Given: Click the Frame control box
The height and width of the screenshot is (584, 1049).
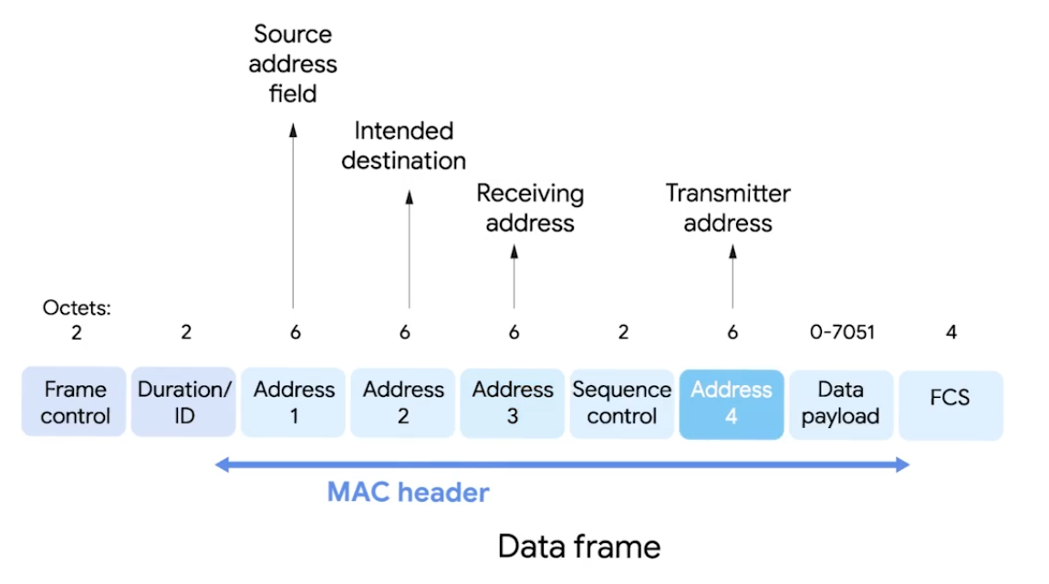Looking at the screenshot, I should pyautogui.click(x=74, y=403).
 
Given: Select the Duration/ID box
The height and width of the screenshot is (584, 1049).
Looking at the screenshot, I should pyautogui.click(x=184, y=403).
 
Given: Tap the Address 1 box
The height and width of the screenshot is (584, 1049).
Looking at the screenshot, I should pyautogui.click(x=294, y=403).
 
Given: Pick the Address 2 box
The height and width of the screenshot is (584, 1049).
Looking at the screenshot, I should pyautogui.click(x=403, y=403).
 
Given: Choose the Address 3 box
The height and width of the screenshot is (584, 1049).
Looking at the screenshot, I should pyautogui.click(x=513, y=403).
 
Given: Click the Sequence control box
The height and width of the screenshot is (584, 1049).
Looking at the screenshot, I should pyautogui.click(x=622, y=403).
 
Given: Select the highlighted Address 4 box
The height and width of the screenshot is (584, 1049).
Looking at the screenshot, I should pyautogui.click(x=732, y=403).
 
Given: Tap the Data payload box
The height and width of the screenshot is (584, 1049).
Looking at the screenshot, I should pyautogui.click(x=841, y=403).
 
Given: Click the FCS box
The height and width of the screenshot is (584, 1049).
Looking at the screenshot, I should pyautogui.click(x=950, y=403).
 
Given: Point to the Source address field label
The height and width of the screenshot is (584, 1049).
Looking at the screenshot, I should pyautogui.click(x=293, y=64).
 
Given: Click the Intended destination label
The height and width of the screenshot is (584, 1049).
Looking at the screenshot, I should pyautogui.click(x=404, y=146).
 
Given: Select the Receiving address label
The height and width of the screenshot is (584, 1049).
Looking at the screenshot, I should pyautogui.click(x=530, y=208).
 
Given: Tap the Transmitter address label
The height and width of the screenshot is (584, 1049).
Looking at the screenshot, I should pyautogui.click(x=728, y=208).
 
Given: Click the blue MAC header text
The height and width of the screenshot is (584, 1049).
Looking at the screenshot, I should pyautogui.click(x=408, y=493).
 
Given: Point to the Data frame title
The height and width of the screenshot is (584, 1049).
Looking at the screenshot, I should pyautogui.click(x=578, y=546).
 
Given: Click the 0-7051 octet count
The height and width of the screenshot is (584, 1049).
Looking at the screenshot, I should pyautogui.click(x=842, y=332).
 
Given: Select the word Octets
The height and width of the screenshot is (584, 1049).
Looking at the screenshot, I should pyautogui.click(x=77, y=308).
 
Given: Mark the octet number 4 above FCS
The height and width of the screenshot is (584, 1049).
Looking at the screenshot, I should pyautogui.click(x=950, y=332).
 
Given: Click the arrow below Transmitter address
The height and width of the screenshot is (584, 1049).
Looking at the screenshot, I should pyautogui.click(x=732, y=278).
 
